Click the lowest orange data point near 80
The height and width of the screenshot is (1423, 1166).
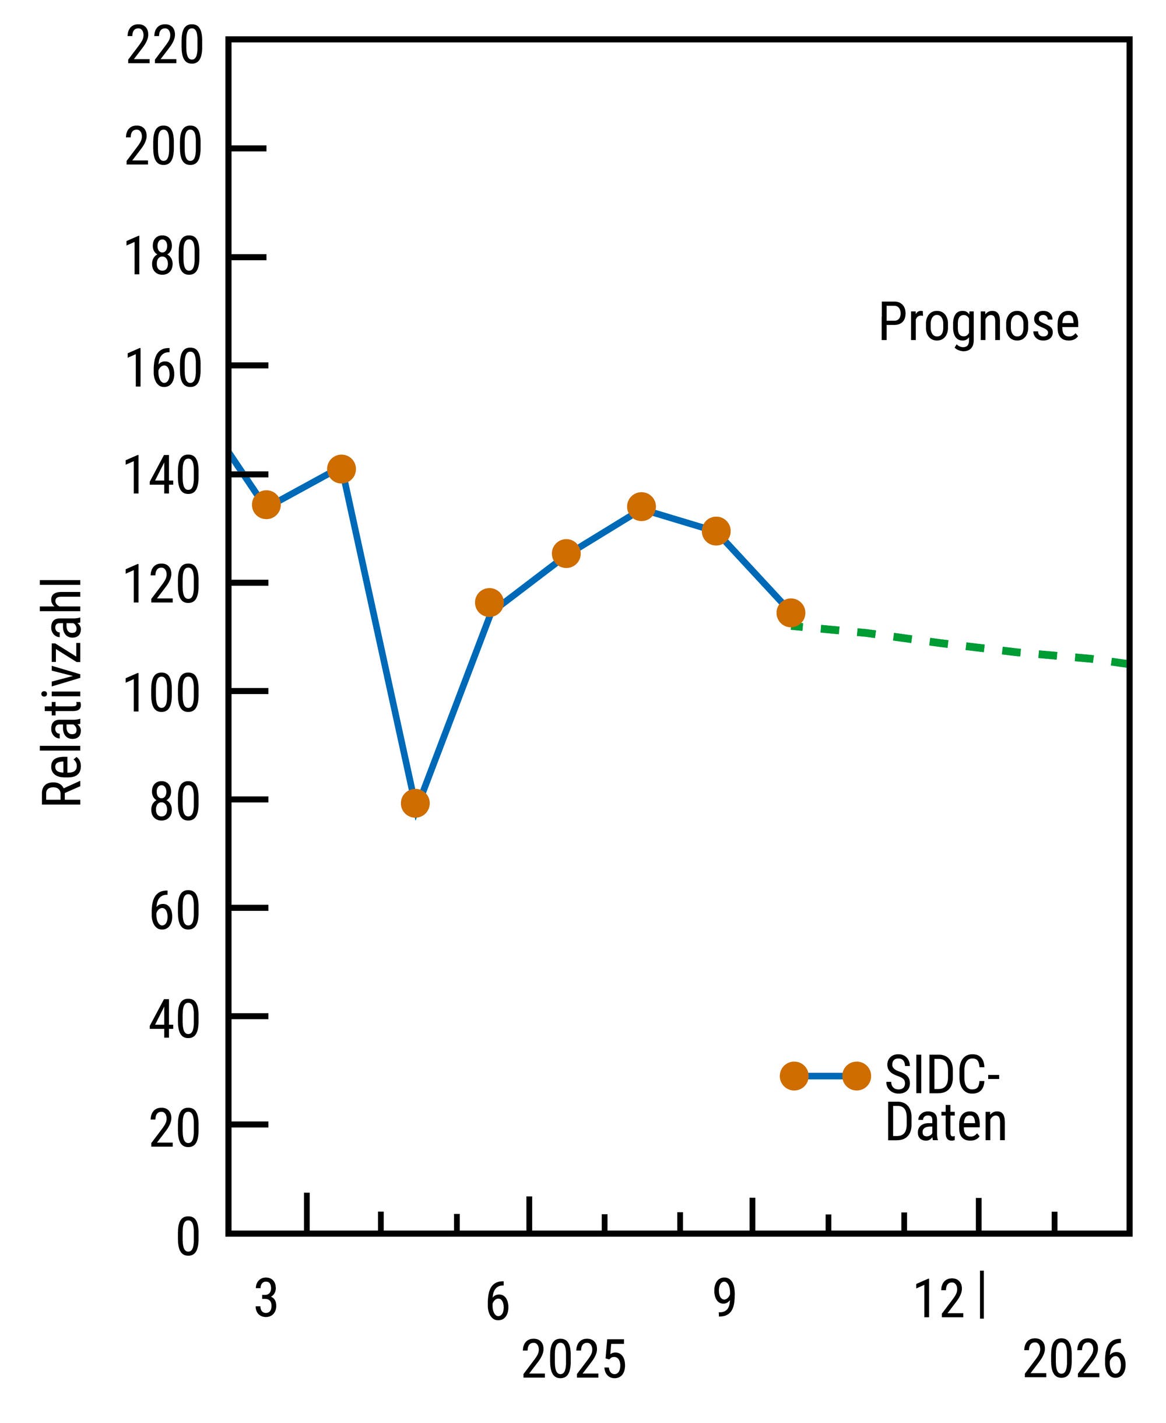click(415, 802)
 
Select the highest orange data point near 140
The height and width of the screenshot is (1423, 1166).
click(341, 469)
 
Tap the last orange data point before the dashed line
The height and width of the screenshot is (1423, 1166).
click(791, 613)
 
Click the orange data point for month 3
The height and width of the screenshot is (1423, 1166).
click(266, 504)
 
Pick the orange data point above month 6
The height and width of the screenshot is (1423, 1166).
click(489, 602)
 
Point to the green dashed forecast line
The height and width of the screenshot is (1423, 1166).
click(960, 646)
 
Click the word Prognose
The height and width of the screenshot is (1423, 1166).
click(979, 323)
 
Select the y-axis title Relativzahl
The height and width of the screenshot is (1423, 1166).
click(62, 692)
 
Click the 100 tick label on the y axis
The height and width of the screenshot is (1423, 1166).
click(163, 694)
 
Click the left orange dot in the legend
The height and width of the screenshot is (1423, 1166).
click(793, 1077)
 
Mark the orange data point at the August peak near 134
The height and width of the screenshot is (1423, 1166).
click(641, 507)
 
